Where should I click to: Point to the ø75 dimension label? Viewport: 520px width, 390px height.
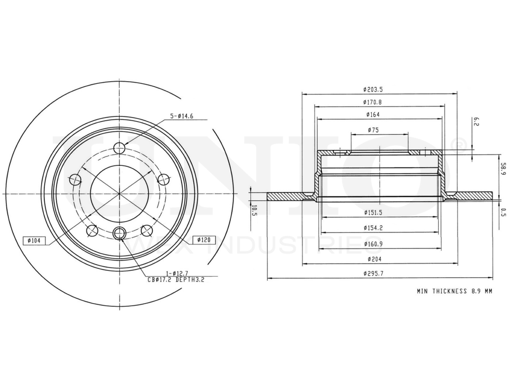click(372, 129)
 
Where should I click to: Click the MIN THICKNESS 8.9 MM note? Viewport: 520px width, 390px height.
click(454, 292)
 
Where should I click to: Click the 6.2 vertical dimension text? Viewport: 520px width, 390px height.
click(476, 122)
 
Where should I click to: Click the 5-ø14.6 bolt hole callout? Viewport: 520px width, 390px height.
click(181, 116)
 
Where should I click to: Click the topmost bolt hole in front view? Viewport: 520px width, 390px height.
click(120, 147)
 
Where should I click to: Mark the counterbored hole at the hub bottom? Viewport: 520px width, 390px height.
click(120, 233)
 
